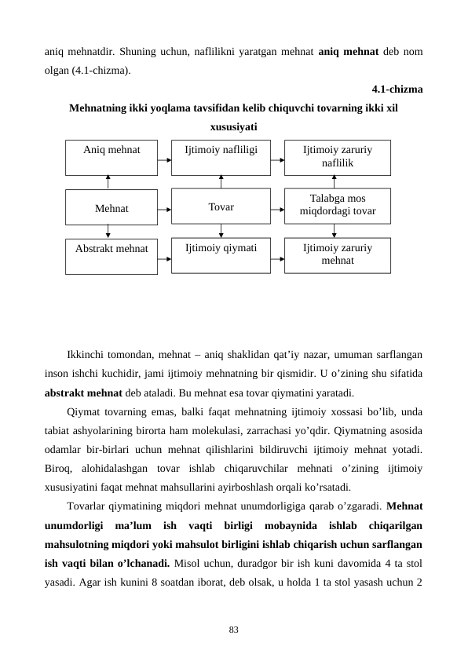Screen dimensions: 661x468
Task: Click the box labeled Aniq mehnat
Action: point(112,157)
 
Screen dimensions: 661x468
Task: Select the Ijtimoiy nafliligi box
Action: point(221,157)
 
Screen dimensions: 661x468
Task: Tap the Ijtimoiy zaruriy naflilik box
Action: point(337,157)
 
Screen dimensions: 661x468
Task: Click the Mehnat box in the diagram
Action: point(112,209)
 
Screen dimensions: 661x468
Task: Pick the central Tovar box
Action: point(221,207)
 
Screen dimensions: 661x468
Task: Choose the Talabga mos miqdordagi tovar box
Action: point(337,205)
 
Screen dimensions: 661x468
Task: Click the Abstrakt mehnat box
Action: point(112,256)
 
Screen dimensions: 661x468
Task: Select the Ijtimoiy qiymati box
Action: point(221,254)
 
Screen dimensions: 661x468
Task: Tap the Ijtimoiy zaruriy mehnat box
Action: point(337,254)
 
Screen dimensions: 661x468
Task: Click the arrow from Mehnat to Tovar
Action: point(164,210)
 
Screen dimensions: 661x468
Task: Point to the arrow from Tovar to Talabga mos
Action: point(277,210)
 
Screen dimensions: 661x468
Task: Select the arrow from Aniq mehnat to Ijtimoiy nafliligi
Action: point(164,160)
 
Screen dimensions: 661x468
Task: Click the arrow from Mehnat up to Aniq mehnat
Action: point(108,181)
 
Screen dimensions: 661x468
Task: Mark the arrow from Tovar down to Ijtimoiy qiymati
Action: point(221,231)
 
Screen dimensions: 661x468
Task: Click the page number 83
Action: point(234,630)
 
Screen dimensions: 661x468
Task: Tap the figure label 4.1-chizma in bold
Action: point(397,89)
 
